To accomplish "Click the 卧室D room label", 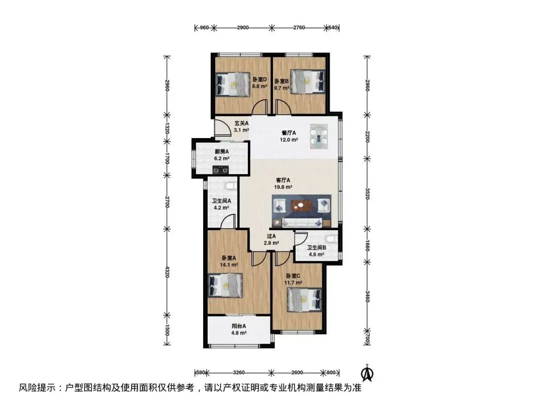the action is point(260,79).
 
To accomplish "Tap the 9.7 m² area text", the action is point(282,88).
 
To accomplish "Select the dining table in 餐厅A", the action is point(319,136).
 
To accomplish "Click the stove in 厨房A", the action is point(220,169).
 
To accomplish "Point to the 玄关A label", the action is point(241,123).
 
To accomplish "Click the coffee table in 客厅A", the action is point(302,205).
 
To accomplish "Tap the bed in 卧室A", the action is point(225,286).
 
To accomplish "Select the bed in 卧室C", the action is point(305,300).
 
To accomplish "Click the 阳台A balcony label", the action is point(239,326).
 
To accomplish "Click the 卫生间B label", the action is point(316,248).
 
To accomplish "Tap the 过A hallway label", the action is point(271,236).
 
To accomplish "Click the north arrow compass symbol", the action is point(367,373).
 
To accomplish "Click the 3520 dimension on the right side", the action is point(367,194).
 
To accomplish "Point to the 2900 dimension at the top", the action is point(243,28).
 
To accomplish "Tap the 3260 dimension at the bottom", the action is point(239,372).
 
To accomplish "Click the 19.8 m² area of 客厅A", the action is point(283,187).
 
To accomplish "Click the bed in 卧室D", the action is point(233,84).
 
